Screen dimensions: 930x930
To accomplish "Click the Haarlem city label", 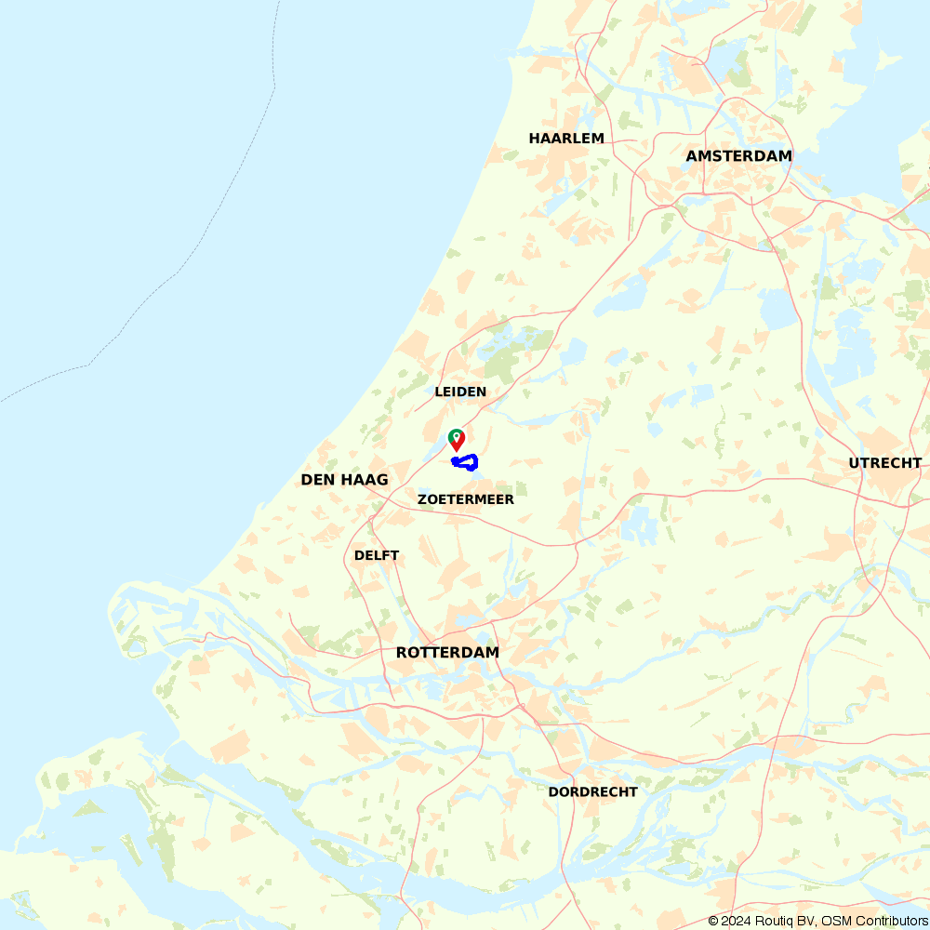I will (x=566, y=139).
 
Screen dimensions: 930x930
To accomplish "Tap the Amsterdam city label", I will (x=738, y=156).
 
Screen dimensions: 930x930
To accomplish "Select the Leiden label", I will (x=460, y=392).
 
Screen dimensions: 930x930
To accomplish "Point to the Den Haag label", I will (x=344, y=480).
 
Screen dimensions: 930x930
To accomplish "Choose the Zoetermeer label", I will (x=465, y=499).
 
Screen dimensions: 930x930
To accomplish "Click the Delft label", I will (x=377, y=555).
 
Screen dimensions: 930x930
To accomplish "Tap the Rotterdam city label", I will (x=447, y=653).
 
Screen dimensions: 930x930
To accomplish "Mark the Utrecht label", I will (x=884, y=463).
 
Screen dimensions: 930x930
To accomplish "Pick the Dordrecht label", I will (x=592, y=792).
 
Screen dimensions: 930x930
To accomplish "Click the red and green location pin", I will (x=456, y=439).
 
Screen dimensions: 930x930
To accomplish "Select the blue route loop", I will (x=465, y=462).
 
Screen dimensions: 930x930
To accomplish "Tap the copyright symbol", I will (x=713, y=921).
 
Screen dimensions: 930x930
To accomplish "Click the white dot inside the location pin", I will (x=456, y=434).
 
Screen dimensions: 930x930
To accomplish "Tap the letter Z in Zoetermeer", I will (x=422, y=499).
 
